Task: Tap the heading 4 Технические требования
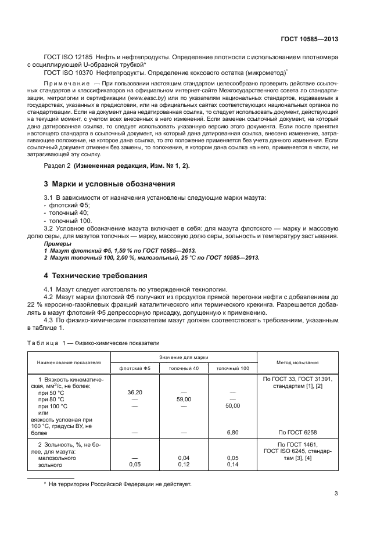coord(96,275)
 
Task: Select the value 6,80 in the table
coord(232,432)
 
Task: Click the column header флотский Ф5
coord(135,369)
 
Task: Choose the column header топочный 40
coord(184,369)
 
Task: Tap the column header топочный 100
coord(232,369)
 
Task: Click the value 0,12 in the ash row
coord(184,465)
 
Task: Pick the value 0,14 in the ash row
coord(232,465)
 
